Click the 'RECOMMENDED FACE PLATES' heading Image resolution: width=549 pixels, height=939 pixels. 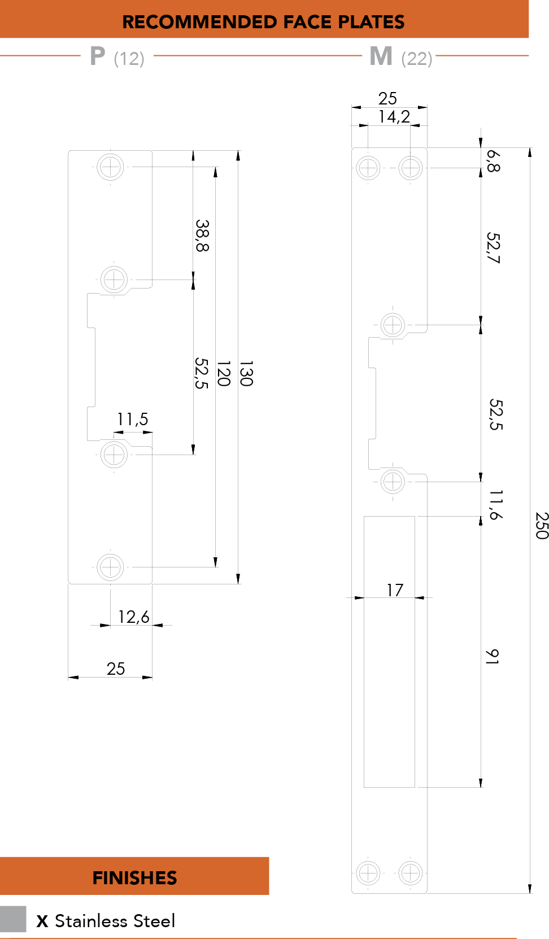point(263,22)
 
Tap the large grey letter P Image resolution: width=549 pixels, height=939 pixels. point(97,56)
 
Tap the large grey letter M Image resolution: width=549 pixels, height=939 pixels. point(381,56)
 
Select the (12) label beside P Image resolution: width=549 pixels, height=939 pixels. point(129,58)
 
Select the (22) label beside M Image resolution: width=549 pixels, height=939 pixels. point(416,58)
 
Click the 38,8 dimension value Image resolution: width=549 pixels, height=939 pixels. point(202,235)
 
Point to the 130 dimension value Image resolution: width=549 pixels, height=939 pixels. point(246,373)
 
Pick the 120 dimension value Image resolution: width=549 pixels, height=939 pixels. point(223,373)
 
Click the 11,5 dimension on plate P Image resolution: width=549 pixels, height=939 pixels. point(133,419)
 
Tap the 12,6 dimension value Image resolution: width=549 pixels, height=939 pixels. point(134,617)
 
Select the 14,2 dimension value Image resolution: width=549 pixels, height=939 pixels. point(394,116)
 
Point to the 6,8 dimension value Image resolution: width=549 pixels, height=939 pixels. point(493,161)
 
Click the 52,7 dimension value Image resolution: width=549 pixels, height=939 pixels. point(493,248)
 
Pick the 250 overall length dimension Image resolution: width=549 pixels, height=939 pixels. point(542,525)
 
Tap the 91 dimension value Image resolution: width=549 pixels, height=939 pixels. point(492,657)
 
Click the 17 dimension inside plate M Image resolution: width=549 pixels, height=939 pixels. point(395,590)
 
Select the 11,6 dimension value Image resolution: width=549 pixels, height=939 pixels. point(496,505)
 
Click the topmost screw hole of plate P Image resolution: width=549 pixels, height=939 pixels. point(110,167)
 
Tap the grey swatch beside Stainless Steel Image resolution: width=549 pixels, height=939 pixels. point(13,919)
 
